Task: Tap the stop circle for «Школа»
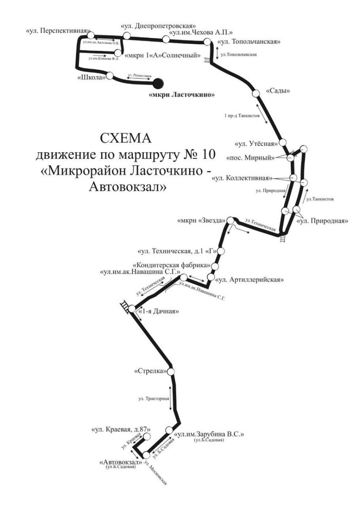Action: pos(110,76)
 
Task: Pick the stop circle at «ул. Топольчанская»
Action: pos(207,42)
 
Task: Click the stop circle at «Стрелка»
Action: pos(170,371)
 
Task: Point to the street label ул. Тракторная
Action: pos(154,398)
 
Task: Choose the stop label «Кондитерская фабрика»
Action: pos(176,265)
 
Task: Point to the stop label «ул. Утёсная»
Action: pos(257,143)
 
